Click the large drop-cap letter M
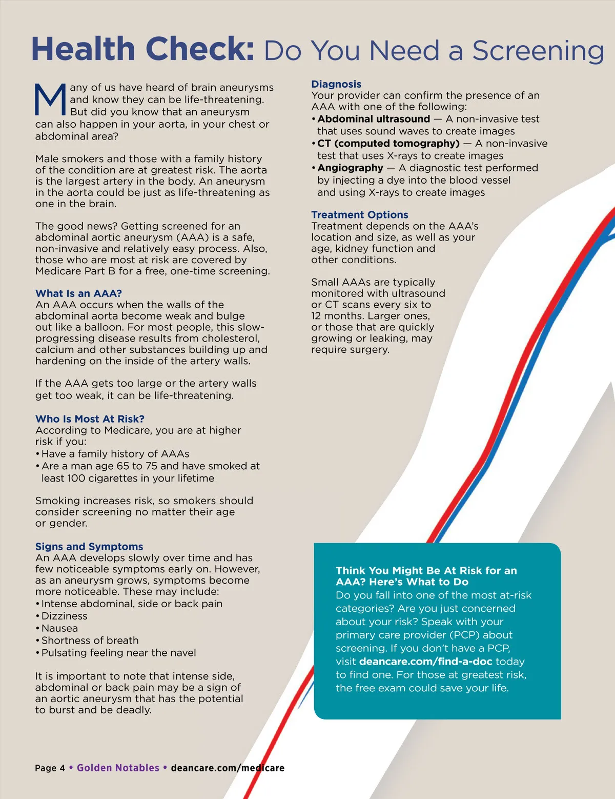(50, 99)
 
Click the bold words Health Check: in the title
(142, 49)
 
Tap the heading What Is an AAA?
(78, 293)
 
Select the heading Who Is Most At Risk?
(90, 419)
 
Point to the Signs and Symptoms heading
(89, 547)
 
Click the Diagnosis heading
(336, 84)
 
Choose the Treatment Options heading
(359, 215)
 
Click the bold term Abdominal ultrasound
(374, 119)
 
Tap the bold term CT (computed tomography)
(388, 144)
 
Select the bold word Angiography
(350, 168)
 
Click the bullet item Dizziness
(64, 616)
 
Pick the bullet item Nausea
(59, 628)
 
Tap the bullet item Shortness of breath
(90, 641)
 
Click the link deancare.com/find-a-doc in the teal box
(425, 662)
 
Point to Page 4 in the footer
(50, 768)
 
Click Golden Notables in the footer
(118, 768)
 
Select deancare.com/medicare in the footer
(228, 768)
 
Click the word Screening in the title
(538, 51)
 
